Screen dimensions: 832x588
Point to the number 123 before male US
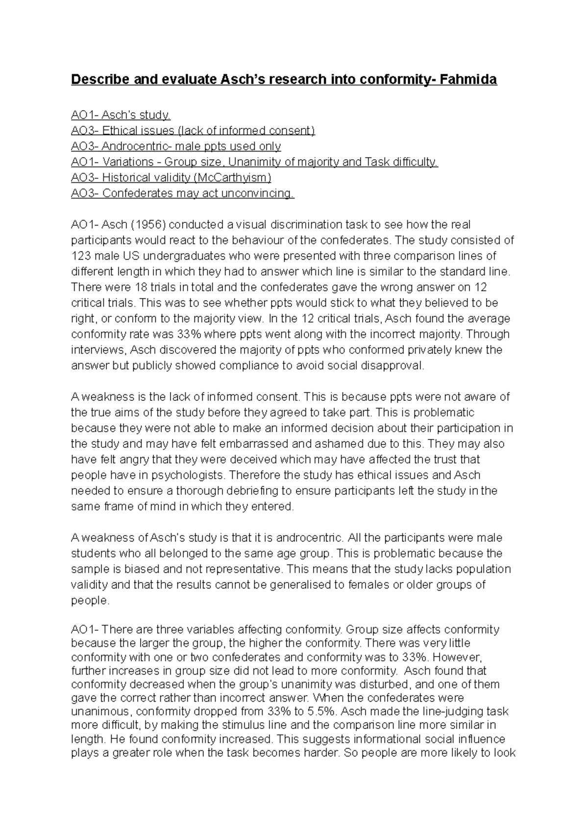(81, 256)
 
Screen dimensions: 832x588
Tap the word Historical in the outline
(124, 178)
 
